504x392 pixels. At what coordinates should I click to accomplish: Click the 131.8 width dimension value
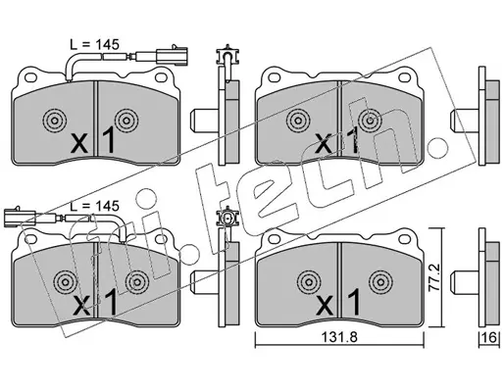[x=338, y=338]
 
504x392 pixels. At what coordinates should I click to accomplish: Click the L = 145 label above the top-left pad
[x=95, y=45]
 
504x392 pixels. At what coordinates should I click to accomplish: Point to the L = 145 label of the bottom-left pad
[x=95, y=206]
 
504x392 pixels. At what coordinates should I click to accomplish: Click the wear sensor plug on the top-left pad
[x=172, y=56]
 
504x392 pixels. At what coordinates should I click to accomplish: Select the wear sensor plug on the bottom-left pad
[x=20, y=218]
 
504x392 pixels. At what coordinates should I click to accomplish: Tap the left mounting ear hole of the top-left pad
[x=30, y=77]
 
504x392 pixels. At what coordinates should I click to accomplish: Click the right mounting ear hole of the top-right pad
[x=404, y=78]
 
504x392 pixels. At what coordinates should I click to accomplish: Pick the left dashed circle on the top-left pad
[x=54, y=121]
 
